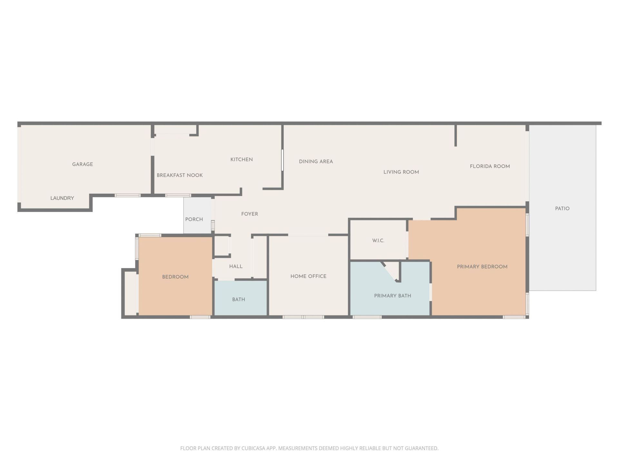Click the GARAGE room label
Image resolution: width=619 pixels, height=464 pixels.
(x=83, y=164)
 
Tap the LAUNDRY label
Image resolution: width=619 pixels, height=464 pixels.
(x=62, y=198)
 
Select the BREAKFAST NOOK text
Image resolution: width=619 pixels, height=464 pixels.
(x=180, y=175)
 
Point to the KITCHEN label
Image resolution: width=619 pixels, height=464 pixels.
(x=241, y=159)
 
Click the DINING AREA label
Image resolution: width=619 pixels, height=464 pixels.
(x=316, y=161)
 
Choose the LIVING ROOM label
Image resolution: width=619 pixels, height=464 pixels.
(x=401, y=172)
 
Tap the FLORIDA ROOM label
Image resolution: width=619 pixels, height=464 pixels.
(x=490, y=166)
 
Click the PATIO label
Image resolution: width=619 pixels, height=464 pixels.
(x=562, y=208)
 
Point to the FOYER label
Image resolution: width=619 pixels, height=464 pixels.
(x=250, y=214)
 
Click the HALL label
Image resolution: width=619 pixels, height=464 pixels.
(x=236, y=266)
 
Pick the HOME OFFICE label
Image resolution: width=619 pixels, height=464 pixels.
(x=308, y=276)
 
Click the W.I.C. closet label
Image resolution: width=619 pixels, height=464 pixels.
(x=378, y=241)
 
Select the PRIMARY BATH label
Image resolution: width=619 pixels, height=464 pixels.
(x=392, y=296)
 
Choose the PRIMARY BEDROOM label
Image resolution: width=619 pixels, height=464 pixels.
(x=482, y=266)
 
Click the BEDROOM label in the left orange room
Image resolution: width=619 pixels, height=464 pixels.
(x=175, y=277)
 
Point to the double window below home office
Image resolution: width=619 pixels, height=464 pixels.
(x=303, y=317)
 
